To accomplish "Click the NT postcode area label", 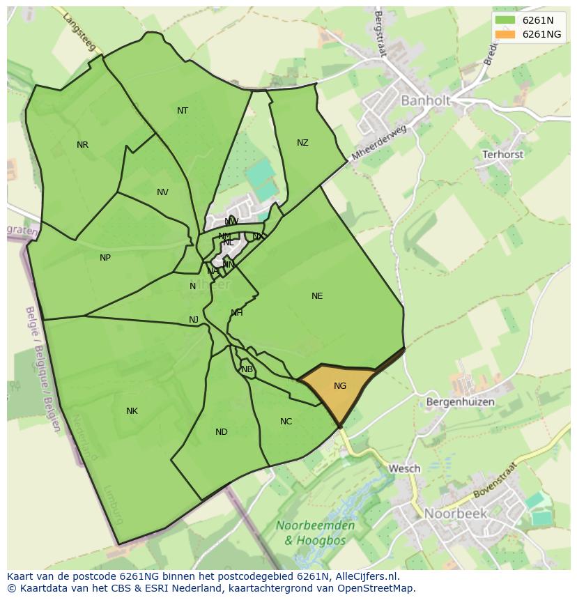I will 183,111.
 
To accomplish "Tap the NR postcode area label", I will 83,145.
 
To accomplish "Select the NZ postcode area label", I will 302,143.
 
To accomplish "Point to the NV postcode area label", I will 162,192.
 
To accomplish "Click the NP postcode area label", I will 105,258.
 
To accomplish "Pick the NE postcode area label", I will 317,296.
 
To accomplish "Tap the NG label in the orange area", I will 340,386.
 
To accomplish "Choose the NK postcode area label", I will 132,411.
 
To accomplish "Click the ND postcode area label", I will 222,432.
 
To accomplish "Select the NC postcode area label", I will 286,422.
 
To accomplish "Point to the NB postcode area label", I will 247,369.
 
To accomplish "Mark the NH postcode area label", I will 237,313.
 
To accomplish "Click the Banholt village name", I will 425,101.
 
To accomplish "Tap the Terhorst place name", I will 502,154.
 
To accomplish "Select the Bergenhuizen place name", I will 460,402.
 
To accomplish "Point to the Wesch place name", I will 404,468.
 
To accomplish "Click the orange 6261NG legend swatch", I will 505,34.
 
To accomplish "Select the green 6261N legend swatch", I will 505,20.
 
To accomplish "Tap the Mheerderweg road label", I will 378,143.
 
